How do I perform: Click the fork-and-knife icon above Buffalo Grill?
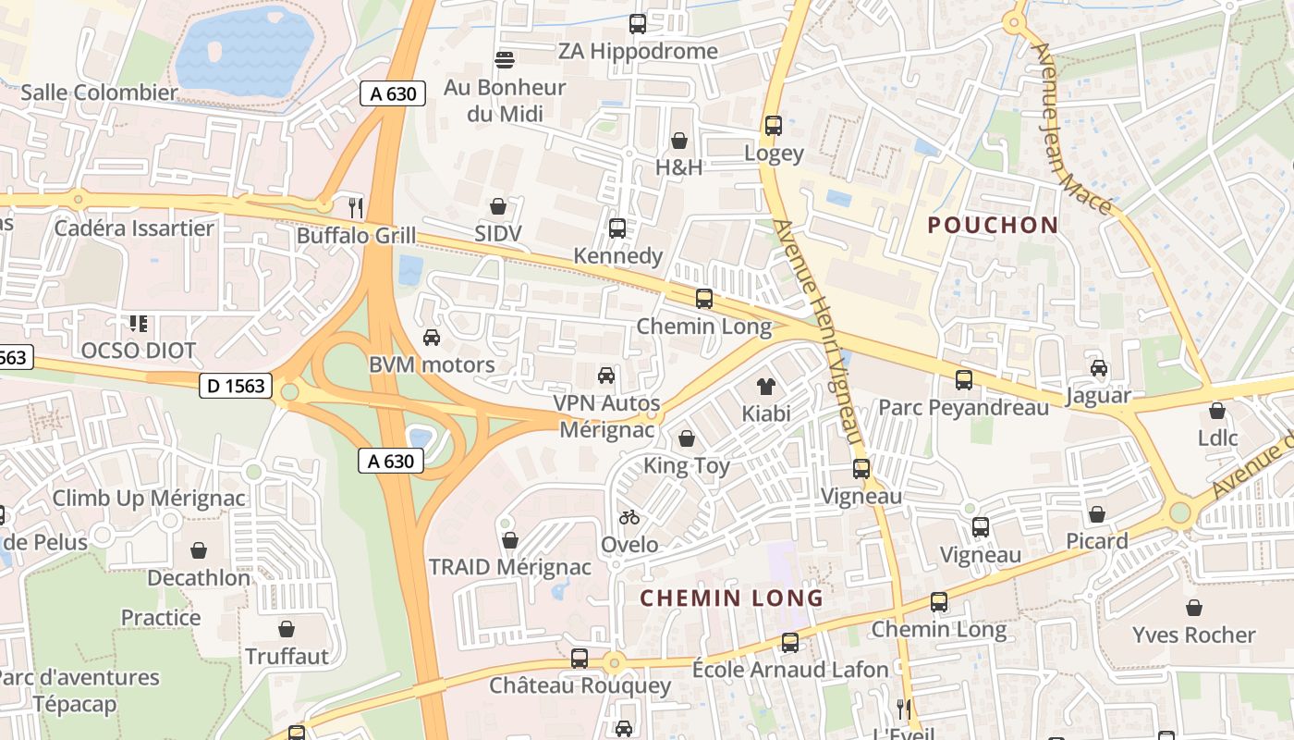355,206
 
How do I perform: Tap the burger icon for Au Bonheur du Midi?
504,60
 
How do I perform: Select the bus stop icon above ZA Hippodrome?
638,23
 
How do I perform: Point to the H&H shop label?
678,167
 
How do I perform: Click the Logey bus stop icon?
774,125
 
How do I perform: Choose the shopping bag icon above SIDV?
498,205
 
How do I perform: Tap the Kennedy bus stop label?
617,256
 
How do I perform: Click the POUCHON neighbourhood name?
993,225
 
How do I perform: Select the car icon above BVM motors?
432,337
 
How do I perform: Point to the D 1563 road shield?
236,386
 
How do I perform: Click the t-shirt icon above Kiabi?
766,385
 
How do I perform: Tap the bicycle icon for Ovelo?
629,517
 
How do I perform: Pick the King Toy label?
687,466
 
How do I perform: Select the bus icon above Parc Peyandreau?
963,379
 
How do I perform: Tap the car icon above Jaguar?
1098,368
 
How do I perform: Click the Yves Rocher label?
1194,635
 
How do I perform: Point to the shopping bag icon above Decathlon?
199,550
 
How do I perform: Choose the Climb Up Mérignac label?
149,499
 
